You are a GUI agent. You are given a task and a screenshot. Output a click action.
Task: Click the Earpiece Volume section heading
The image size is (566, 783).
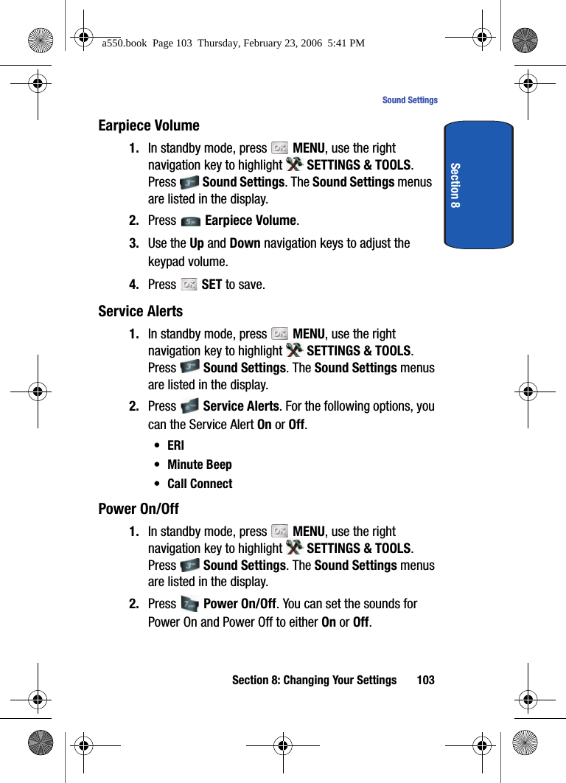click(x=149, y=126)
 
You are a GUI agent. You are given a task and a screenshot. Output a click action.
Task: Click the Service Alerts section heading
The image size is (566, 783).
click(x=140, y=312)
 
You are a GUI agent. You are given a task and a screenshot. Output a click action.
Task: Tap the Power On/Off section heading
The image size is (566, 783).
click(x=139, y=509)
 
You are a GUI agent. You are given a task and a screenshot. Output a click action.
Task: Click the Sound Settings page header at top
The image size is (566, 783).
click(x=410, y=100)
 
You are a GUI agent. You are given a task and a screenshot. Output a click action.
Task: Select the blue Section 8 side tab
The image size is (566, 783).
click(x=478, y=185)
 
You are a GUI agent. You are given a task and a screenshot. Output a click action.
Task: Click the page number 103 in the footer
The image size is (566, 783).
click(x=425, y=681)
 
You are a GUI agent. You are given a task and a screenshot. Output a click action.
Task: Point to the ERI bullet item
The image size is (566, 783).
click(x=175, y=446)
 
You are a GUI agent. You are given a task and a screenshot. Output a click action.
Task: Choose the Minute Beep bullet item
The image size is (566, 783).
click(x=199, y=465)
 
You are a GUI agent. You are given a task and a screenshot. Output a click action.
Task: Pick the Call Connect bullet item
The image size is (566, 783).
click(x=200, y=484)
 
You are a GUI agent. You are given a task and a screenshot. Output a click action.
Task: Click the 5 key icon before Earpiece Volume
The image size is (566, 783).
click(x=189, y=221)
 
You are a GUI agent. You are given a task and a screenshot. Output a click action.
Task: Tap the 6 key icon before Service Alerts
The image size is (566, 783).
click(x=189, y=406)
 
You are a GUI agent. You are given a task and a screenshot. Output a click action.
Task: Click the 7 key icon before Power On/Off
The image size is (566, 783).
click(x=189, y=605)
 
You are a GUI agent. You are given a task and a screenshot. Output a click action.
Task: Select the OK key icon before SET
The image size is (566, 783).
click(x=189, y=285)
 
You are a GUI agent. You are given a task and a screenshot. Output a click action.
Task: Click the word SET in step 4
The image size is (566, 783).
click(x=212, y=285)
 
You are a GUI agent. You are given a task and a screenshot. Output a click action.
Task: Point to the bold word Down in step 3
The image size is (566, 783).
click(x=245, y=243)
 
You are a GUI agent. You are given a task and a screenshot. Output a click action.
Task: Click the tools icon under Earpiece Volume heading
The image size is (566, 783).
click(x=293, y=165)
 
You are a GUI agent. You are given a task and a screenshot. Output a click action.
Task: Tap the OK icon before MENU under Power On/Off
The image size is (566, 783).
click(x=279, y=532)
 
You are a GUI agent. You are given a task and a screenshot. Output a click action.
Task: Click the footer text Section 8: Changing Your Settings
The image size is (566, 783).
click(x=314, y=681)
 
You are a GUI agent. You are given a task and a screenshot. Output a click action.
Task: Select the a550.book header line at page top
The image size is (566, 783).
click(x=233, y=43)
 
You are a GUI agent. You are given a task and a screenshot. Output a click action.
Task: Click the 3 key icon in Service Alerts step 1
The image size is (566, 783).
click(x=189, y=367)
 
